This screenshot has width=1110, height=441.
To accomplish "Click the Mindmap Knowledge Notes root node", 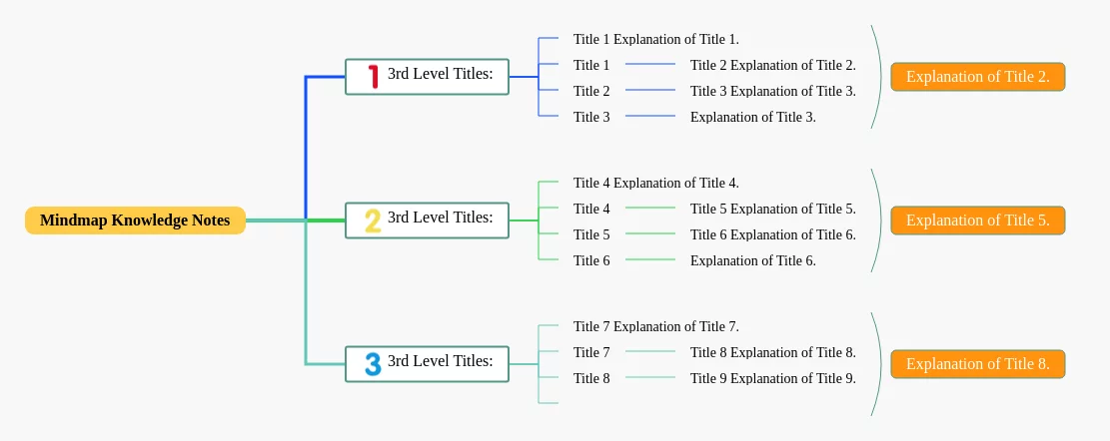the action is pos(135,220).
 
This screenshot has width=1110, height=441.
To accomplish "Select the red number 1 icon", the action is pos(373,76).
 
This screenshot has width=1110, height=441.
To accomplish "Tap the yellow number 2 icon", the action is pos(373,220).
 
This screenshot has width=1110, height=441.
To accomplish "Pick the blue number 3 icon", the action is pos(373,364).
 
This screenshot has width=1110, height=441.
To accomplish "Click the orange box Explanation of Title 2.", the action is pos(978,77).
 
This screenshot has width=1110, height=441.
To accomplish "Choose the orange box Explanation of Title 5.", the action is pos(978,220).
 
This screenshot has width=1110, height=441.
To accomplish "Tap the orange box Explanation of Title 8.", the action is pos(978,364).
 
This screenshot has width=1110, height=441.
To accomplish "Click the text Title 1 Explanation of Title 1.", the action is pos(656,40).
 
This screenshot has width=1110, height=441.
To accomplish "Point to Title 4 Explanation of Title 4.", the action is pos(656,183).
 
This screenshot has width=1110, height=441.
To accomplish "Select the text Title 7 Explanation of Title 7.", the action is pos(656,326).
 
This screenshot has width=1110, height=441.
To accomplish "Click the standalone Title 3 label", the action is pos(591,118).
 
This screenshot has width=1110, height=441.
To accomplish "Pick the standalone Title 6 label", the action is pos(591,260).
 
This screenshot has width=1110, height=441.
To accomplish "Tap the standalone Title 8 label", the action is pos(591,378).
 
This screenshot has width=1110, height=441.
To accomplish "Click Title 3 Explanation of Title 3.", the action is pos(773,91).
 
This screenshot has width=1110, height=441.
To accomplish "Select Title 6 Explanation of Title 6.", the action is pos(773,234).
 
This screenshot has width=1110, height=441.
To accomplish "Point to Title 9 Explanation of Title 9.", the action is pos(773,378).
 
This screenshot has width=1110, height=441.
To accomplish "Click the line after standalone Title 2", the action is pos(650,90).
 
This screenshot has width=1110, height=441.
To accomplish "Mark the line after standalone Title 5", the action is pos(650,233).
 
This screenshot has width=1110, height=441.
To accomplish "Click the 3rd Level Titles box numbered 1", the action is pos(427,76).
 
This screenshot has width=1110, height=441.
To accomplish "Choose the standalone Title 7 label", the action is pos(591,352).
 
